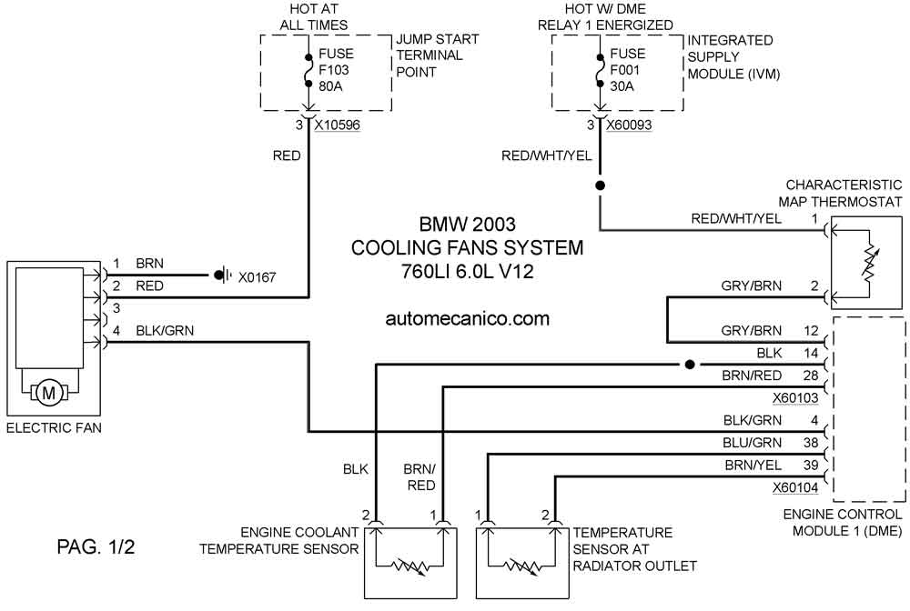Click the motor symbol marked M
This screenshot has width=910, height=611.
coord(49,393)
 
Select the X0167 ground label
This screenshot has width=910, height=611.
coord(258,277)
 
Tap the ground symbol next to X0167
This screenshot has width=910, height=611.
coord(224,275)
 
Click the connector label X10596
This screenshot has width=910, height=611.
coord(338,125)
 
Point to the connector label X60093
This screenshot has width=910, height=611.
coord(629,125)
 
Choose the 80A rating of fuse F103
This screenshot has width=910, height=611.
coord(331,86)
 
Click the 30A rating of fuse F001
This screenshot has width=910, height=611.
coord(622,86)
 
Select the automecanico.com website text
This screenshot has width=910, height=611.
coord(467,318)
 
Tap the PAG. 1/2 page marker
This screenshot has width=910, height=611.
coord(96,546)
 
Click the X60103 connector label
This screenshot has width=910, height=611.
coord(795,397)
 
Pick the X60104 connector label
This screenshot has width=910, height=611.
coord(795,487)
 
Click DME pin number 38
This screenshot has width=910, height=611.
coord(811,442)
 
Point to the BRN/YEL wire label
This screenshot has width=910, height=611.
coord(753,465)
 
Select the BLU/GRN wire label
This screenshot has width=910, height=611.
coord(753,442)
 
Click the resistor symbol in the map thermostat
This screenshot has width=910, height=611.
coord(869,264)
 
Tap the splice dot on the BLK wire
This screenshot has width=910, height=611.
coord(690,365)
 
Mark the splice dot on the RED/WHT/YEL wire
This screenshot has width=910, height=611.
coord(601,185)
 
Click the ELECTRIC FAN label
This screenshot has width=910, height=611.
coord(54,428)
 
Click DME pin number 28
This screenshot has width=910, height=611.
coord(811,376)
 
